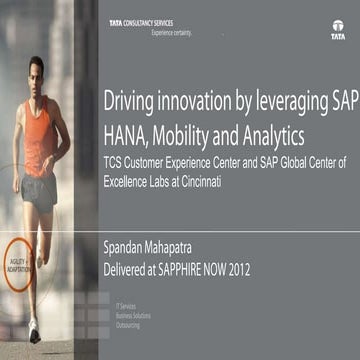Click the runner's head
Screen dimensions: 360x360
(x=38, y=71)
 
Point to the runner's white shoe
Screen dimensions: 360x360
(x=34, y=329)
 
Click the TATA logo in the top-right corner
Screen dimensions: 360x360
(x=338, y=30)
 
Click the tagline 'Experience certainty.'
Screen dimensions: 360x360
(x=171, y=32)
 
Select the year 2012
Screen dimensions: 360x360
(x=262, y=269)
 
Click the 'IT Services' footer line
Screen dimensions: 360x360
(x=125, y=305)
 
